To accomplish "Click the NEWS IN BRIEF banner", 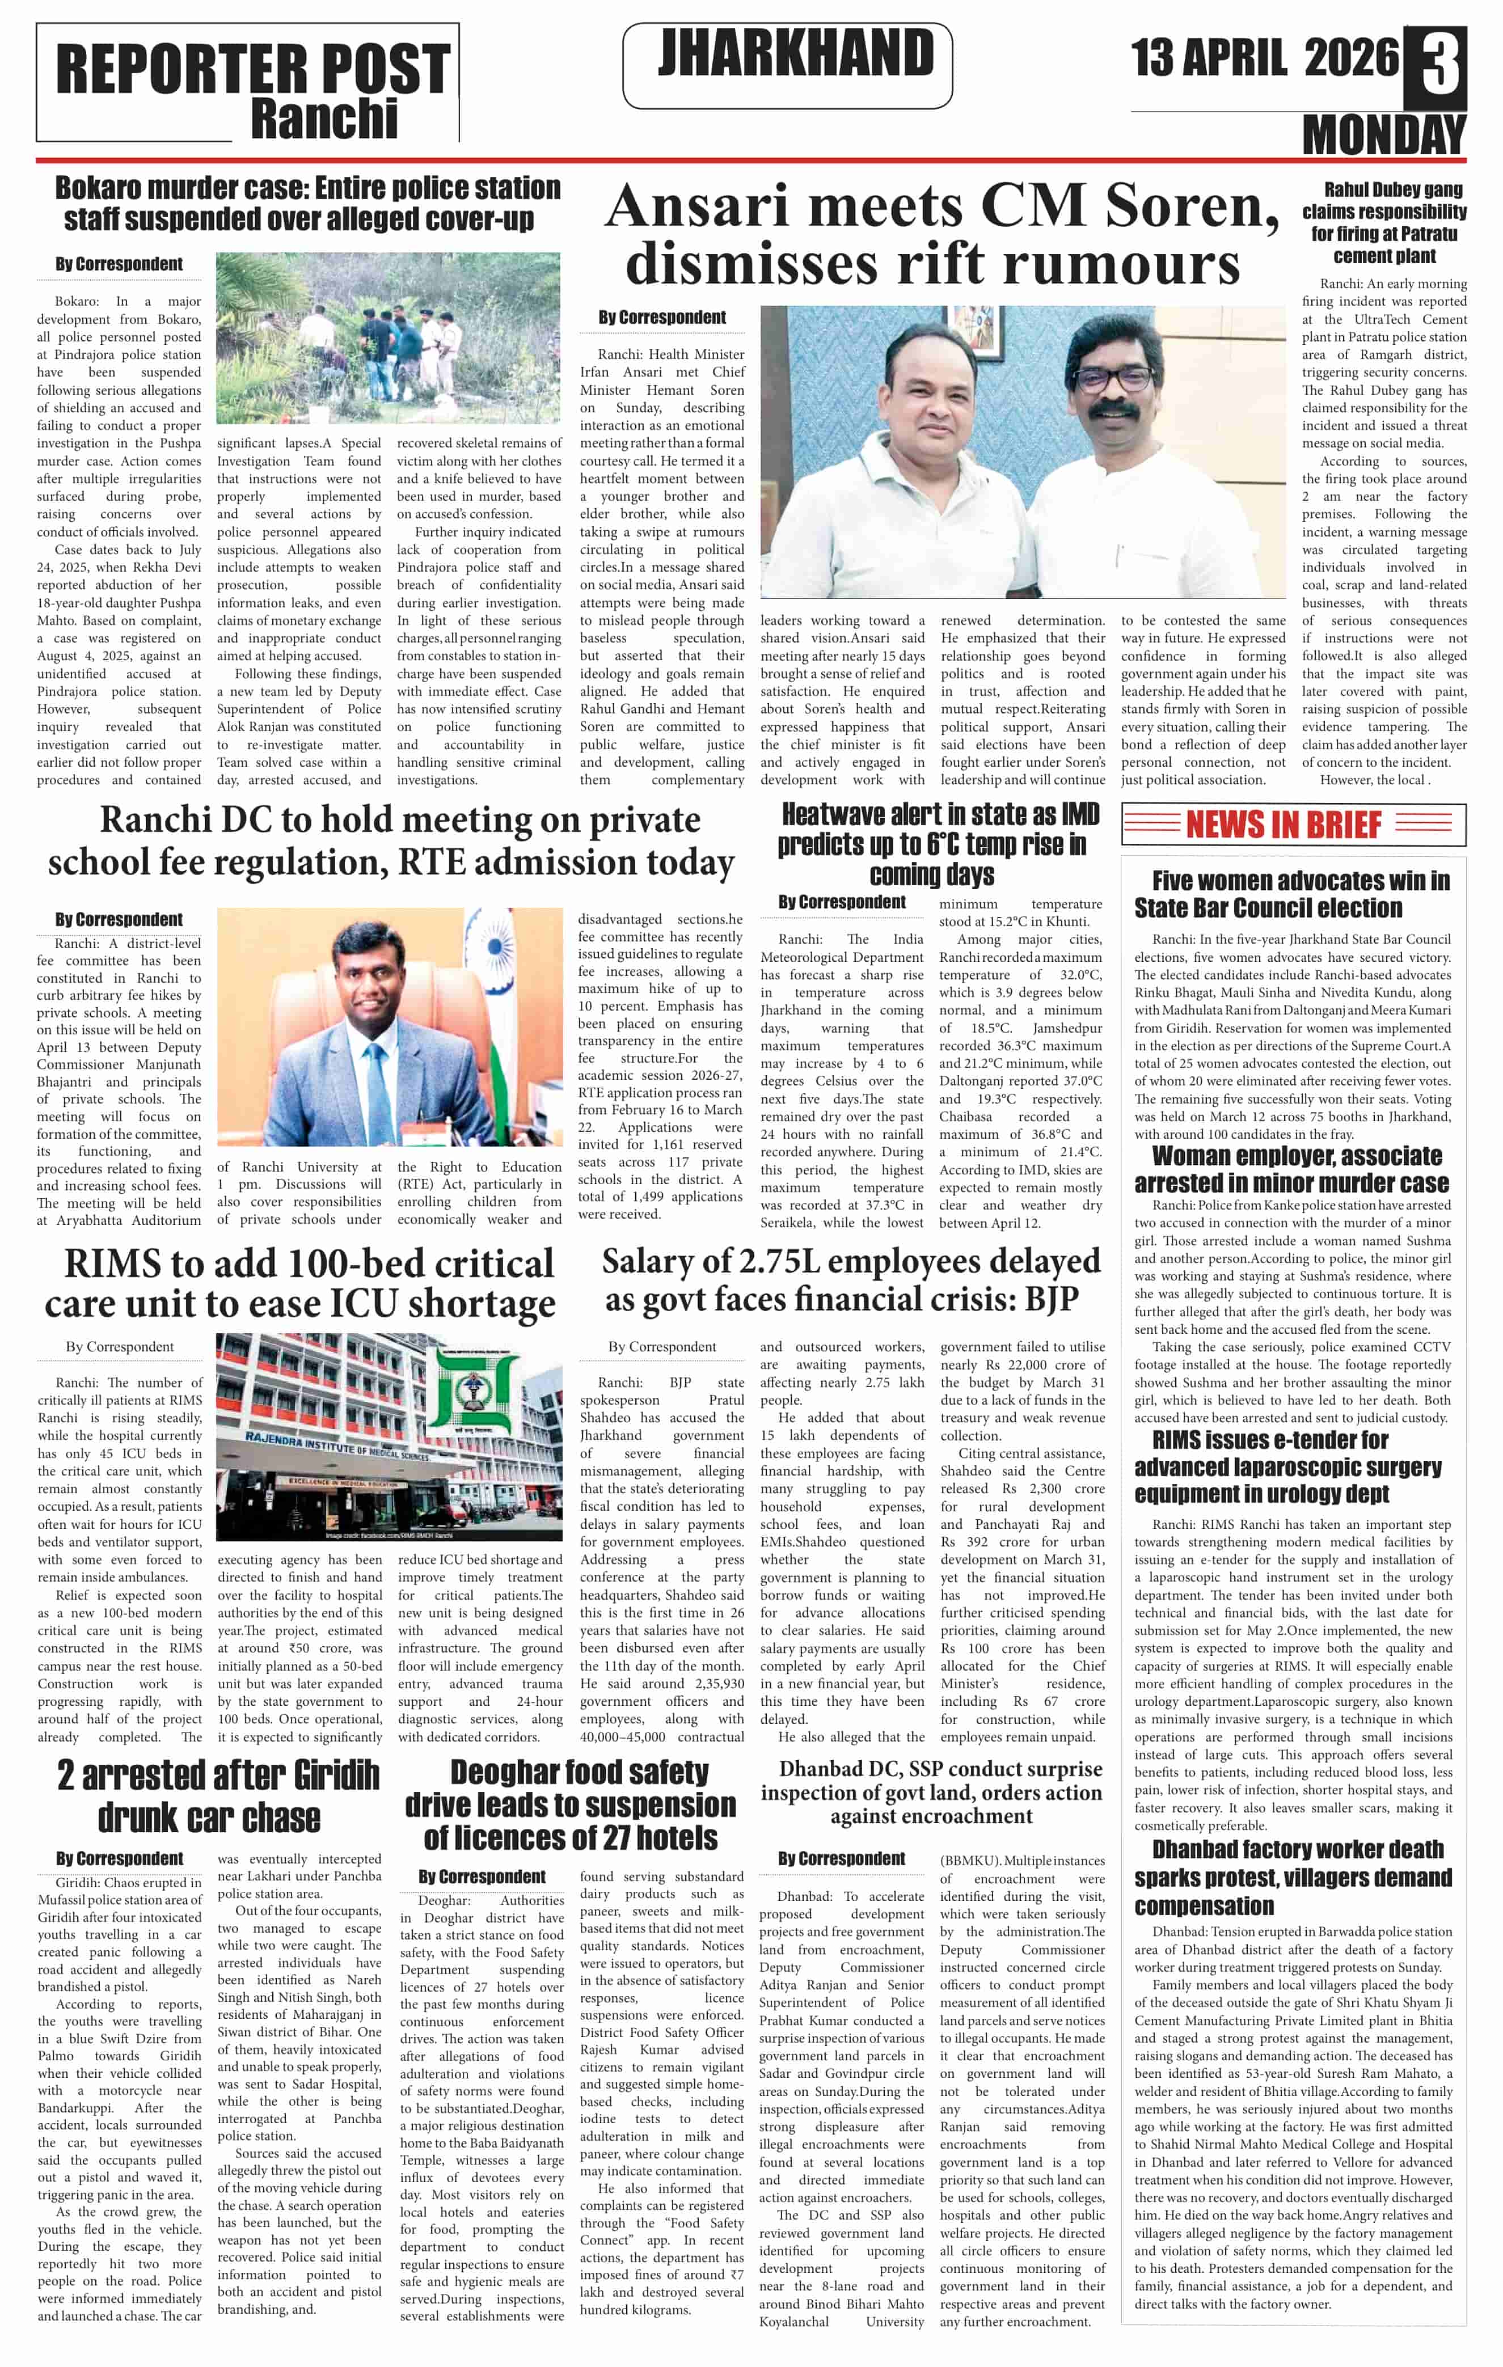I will (1293, 825).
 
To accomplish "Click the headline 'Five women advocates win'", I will (1291, 894).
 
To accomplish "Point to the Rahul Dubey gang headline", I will (1383, 223).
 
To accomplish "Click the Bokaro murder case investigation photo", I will (389, 337).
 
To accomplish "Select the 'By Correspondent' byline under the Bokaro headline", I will (119, 264).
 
